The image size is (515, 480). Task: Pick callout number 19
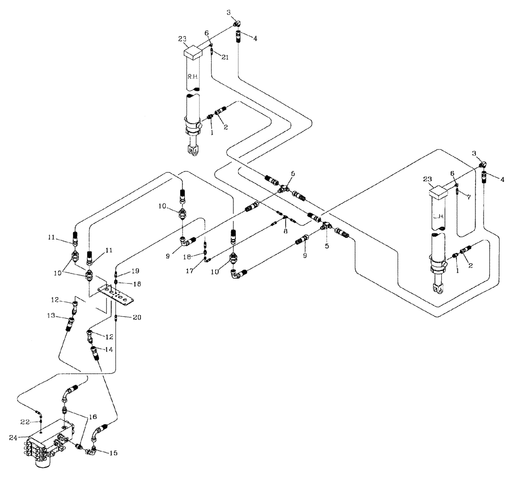tap(135, 270)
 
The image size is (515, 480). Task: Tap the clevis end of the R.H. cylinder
tap(194, 150)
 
